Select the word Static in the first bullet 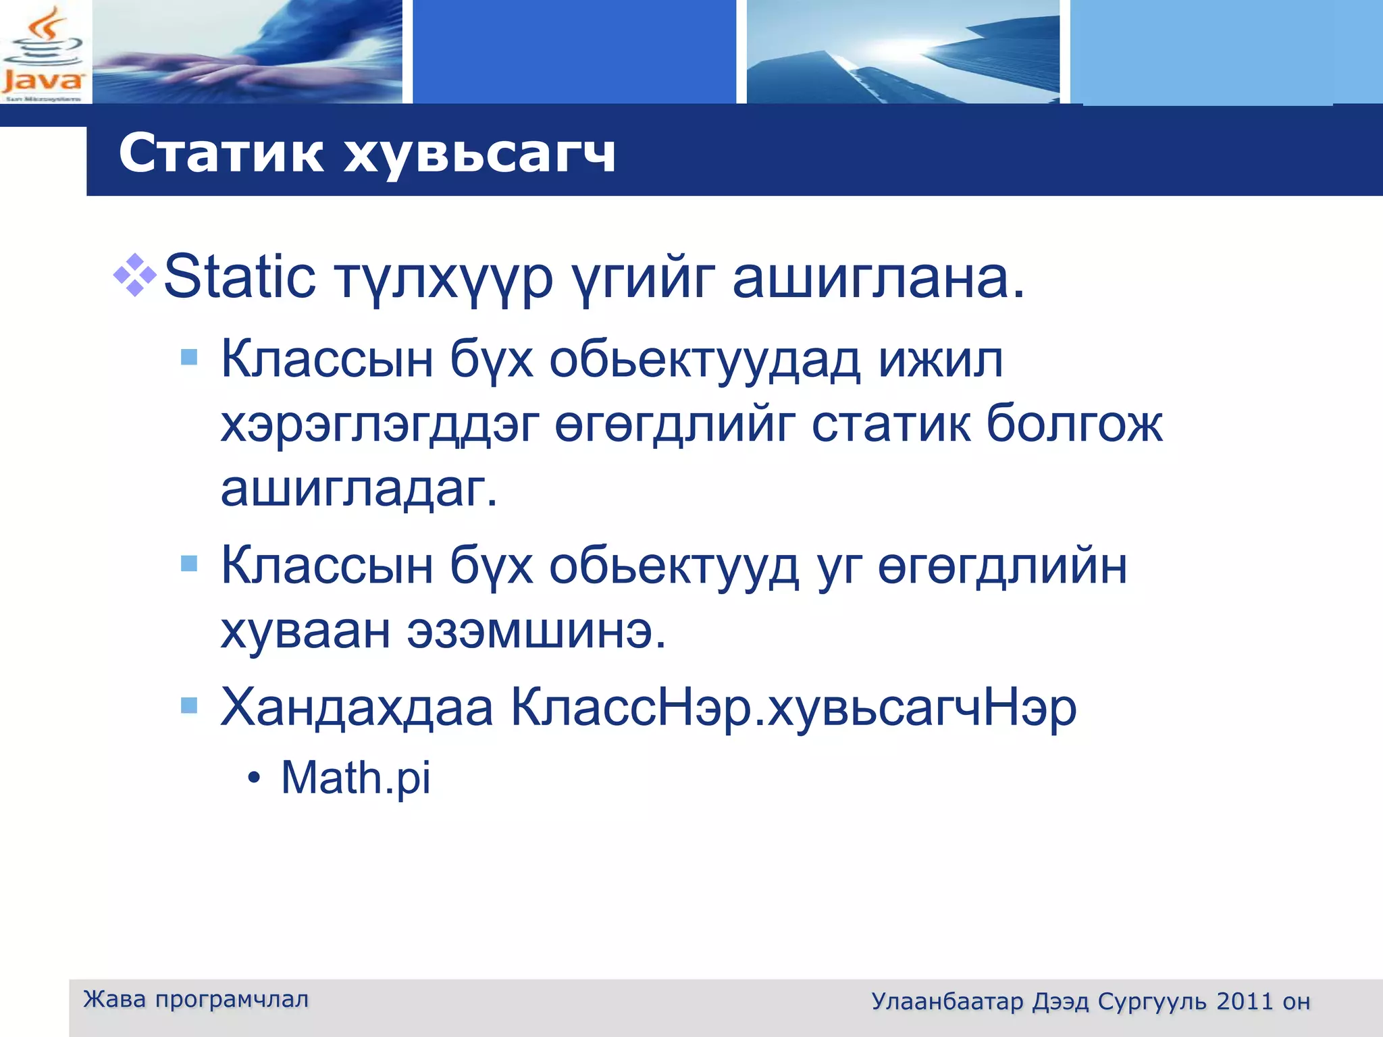tap(239, 277)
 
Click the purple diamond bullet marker tap(135, 275)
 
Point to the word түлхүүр tap(444, 280)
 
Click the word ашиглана tap(878, 278)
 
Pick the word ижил tap(940, 360)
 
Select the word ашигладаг tap(359, 489)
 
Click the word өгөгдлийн tap(1002, 566)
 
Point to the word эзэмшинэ tap(536, 631)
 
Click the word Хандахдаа tap(357, 708)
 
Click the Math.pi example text tap(355, 778)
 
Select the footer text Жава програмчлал tap(196, 999)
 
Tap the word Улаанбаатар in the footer tap(947, 1001)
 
